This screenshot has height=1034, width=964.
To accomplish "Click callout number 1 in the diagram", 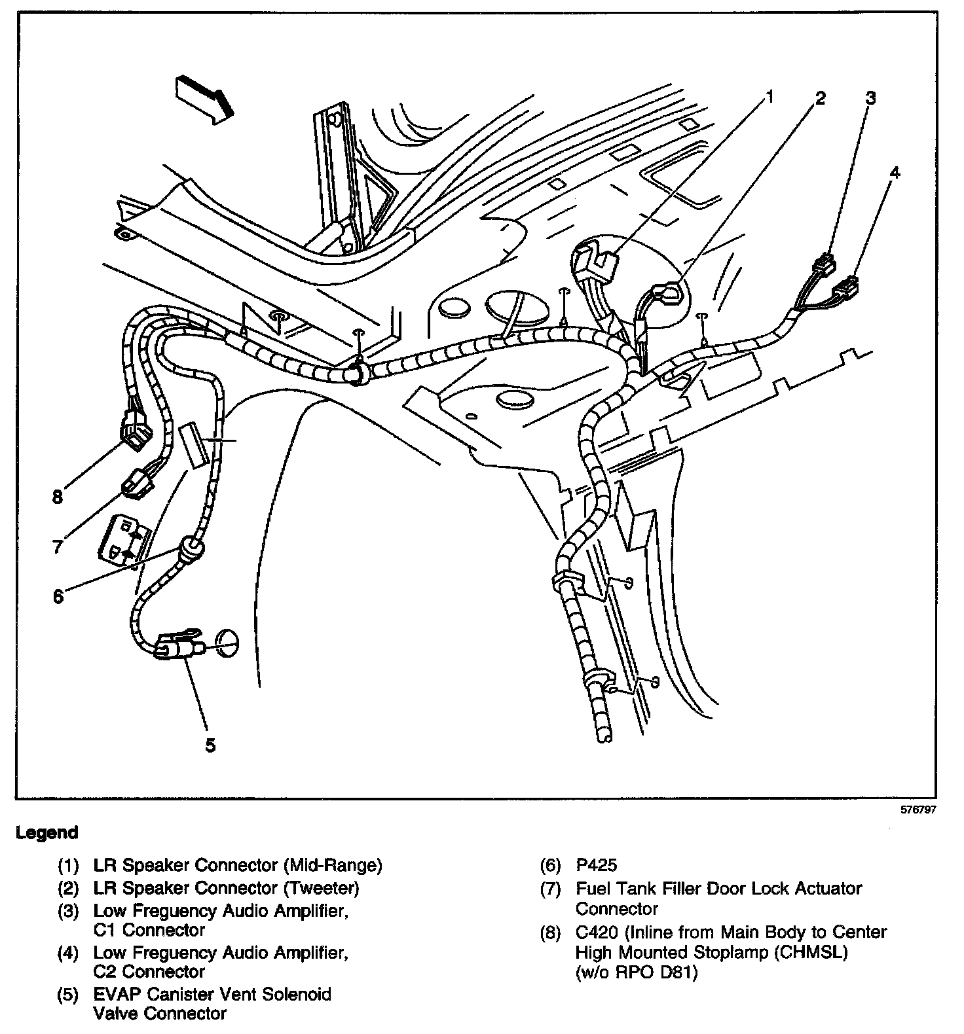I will pos(770,98).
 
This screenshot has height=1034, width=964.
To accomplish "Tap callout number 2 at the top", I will pos(820,99).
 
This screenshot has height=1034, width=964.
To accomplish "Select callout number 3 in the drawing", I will pos(870,99).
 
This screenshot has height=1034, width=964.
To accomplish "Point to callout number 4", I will pos(895,173).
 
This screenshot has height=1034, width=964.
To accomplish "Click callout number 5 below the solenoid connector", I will pos(210,745).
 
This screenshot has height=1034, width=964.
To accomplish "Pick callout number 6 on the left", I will pos(59,596).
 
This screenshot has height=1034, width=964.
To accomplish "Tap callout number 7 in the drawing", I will pos(58,546).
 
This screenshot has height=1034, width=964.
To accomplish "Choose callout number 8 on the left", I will pos(58,497).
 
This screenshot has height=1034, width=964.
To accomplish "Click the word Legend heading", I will pos(47,832).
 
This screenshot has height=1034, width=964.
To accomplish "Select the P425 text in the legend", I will pos(596,866).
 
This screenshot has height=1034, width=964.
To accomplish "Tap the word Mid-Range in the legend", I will pos(333,866).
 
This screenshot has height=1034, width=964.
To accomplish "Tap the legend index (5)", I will pos(68,995).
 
